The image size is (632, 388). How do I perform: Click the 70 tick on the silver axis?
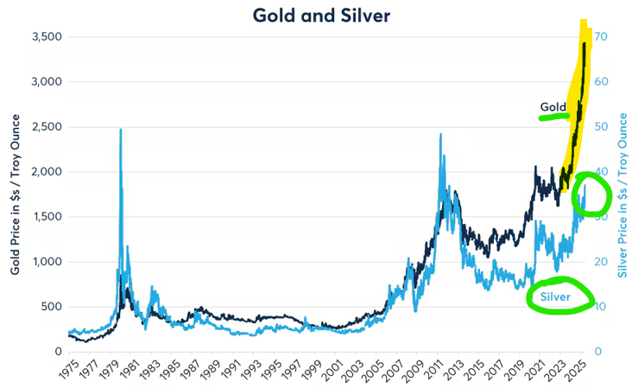(x=601, y=36)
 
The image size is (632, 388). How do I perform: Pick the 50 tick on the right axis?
(x=601, y=127)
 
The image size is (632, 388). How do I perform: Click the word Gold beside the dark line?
(x=553, y=107)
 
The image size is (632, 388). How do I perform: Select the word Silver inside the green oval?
(x=555, y=297)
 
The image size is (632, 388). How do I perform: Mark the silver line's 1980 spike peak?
(x=121, y=130)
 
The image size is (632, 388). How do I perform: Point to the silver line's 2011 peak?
(x=441, y=135)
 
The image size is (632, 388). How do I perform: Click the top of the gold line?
(x=585, y=42)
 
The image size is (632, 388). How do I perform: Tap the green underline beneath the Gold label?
(x=553, y=117)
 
